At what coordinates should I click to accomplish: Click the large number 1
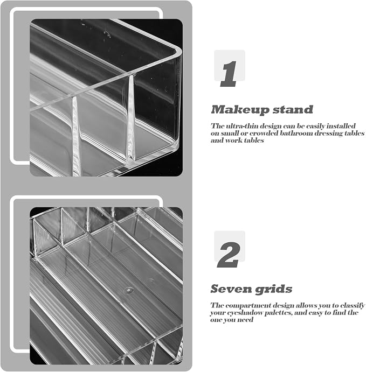pos(229,74)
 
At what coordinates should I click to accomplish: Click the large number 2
pos(228,255)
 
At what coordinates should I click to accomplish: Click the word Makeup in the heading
pos(240,110)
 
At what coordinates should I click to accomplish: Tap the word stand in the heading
pos(293,110)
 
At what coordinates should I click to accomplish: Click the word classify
pos(353,305)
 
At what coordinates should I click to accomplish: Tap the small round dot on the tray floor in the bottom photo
pos(129,290)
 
